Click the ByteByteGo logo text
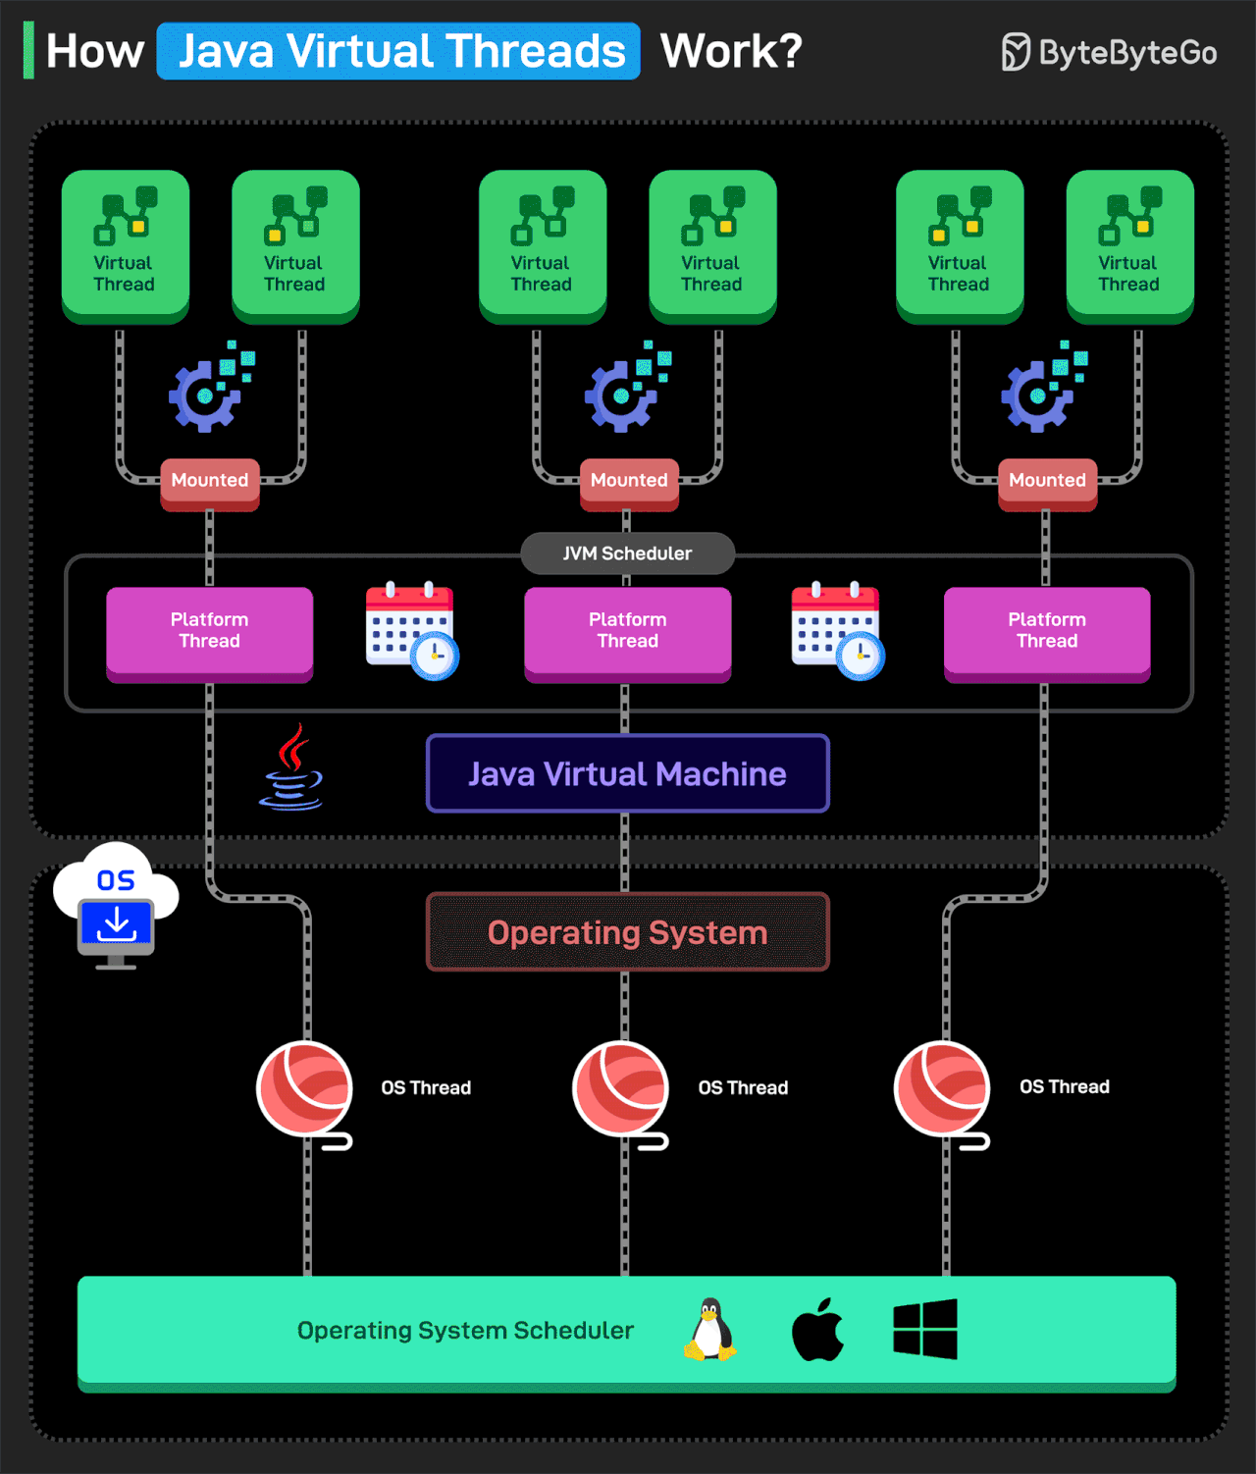[1126, 52]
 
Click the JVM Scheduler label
[628, 553]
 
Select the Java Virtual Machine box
[628, 774]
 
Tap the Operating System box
[628, 932]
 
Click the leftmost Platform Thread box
[209, 631]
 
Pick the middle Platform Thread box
[628, 631]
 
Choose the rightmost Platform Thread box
[1047, 631]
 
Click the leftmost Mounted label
[210, 481]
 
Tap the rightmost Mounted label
[1047, 481]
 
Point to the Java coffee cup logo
[292, 770]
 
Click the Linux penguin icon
[709, 1331]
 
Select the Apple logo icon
[817, 1331]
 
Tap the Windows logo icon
[925, 1330]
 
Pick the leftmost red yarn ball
[305, 1088]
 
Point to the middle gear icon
[624, 392]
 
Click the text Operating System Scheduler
[465, 1331]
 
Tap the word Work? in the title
[731, 51]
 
